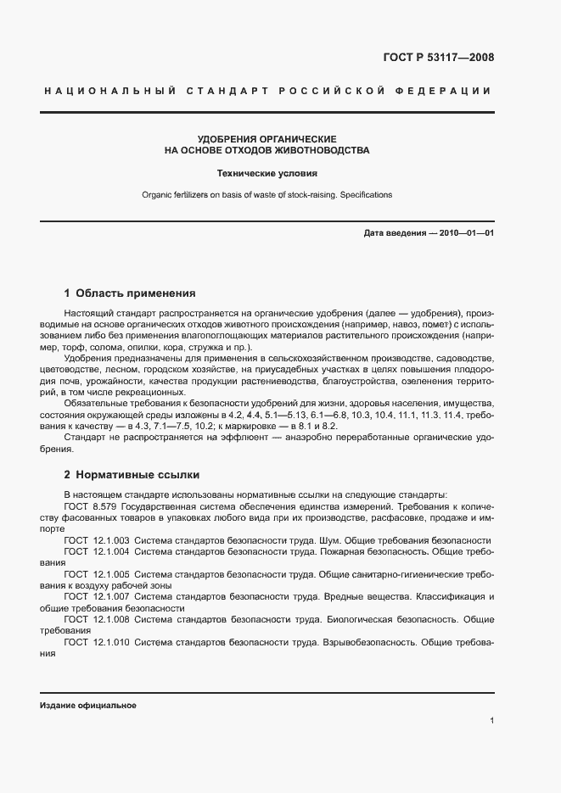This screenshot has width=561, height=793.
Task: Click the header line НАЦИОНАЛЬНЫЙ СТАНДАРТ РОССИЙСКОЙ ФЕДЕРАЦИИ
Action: [266, 91]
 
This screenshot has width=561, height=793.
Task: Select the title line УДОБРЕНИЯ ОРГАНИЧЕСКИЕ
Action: [266, 138]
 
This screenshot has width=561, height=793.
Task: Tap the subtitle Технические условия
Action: [266, 173]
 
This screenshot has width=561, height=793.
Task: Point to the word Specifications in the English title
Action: [365, 195]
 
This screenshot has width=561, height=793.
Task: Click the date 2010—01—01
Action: [466, 232]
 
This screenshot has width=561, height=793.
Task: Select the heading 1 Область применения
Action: [130, 293]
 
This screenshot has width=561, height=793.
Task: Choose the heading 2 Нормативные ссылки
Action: [132, 475]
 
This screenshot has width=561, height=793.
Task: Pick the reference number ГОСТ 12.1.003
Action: [97, 540]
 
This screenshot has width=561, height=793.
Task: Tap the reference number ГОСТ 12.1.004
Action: [97, 551]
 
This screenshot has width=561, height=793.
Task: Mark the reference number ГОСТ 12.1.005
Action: [97, 574]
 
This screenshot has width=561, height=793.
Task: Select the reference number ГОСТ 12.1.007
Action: [97, 597]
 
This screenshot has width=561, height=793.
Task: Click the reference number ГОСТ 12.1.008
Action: [97, 619]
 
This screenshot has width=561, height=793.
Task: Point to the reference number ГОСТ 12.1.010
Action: [97, 642]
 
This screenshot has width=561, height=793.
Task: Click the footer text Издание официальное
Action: [87, 706]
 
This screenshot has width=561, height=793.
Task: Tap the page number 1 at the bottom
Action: [491, 721]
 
